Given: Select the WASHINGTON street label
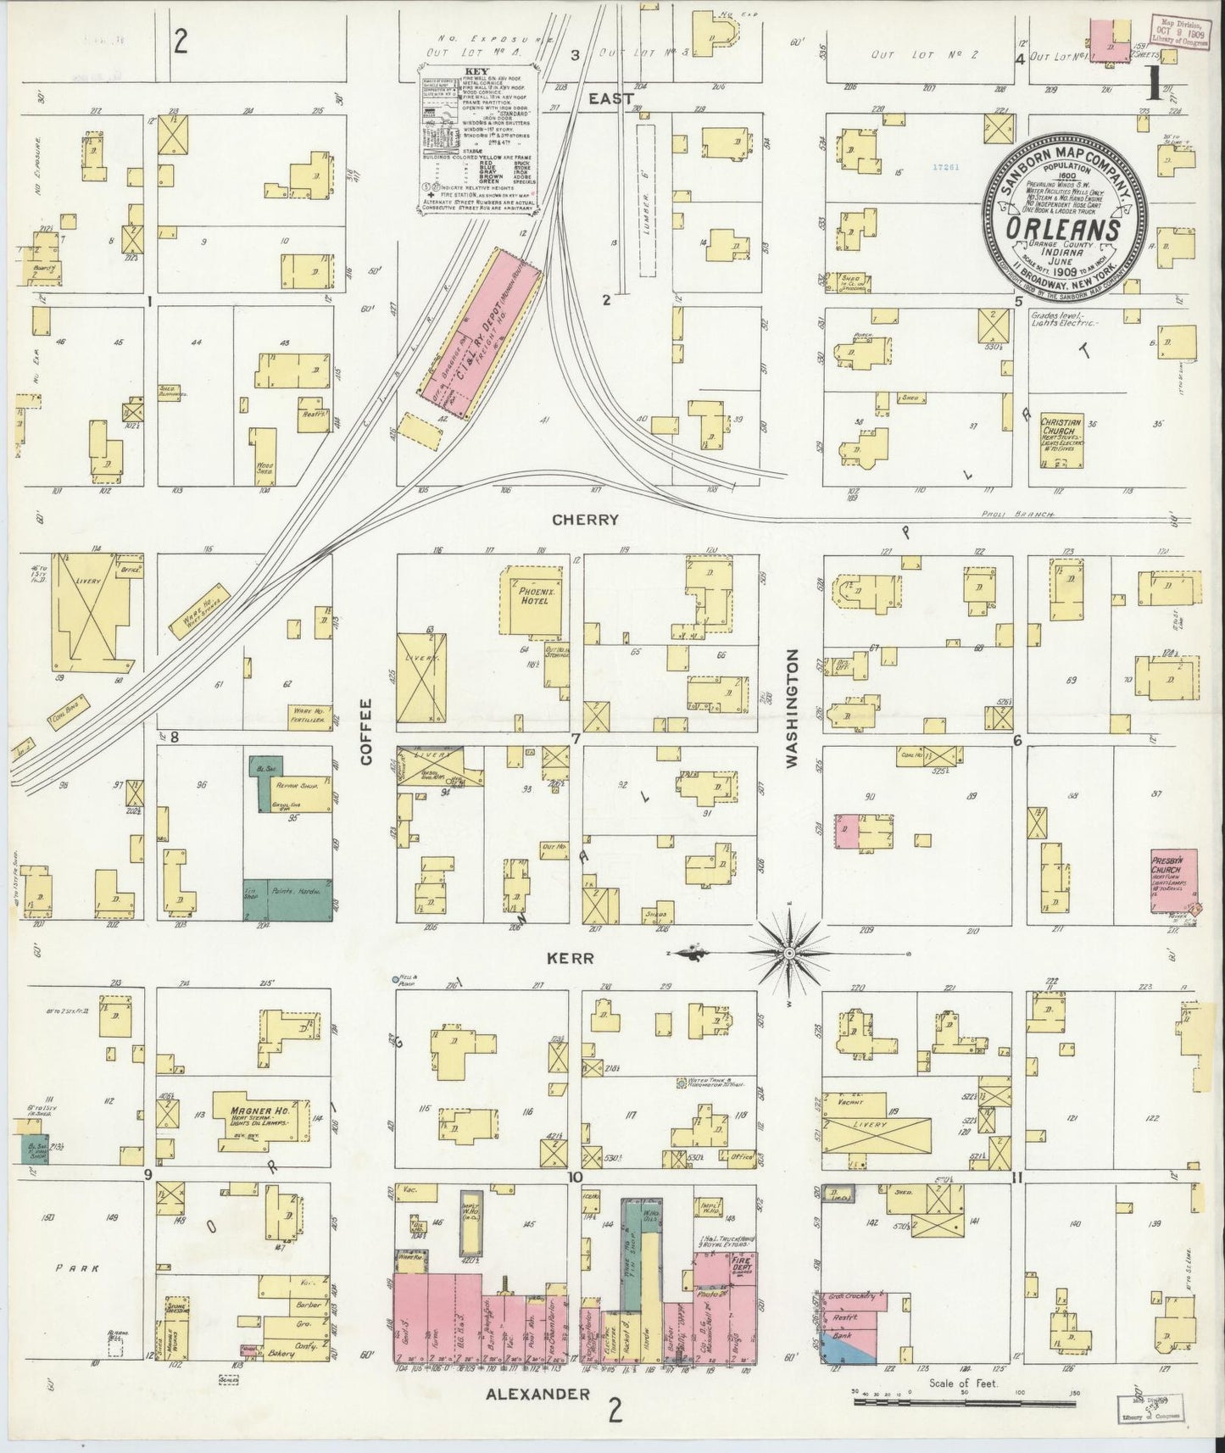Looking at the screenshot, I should pyautogui.click(x=792, y=708).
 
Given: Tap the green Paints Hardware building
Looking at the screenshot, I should pyautogui.click(x=288, y=899).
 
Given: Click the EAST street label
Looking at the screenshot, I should pyautogui.click(x=611, y=99).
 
